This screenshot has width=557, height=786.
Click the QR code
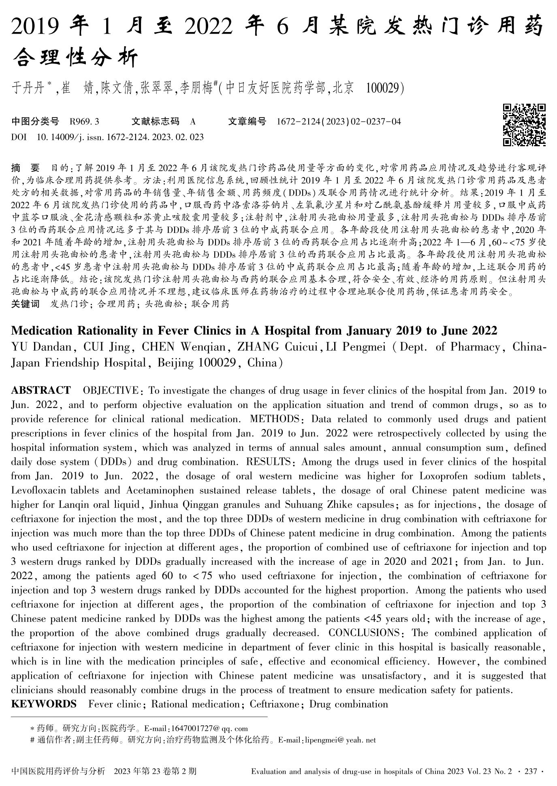tap(524, 125)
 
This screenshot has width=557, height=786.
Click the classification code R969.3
tap(84, 121)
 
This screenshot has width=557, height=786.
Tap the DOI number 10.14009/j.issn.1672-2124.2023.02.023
tap(120, 137)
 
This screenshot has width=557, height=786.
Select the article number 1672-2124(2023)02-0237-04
tap(339, 121)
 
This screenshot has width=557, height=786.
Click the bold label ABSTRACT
tap(41, 391)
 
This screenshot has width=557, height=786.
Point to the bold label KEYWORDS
tap(44, 704)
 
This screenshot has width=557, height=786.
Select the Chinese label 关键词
tap(26, 303)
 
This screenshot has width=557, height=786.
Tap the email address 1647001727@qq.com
tap(210, 728)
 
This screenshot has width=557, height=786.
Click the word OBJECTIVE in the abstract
tap(110, 391)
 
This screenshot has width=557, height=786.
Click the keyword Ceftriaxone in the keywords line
tap(274, 704)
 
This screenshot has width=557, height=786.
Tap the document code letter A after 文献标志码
tap(193, 121)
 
